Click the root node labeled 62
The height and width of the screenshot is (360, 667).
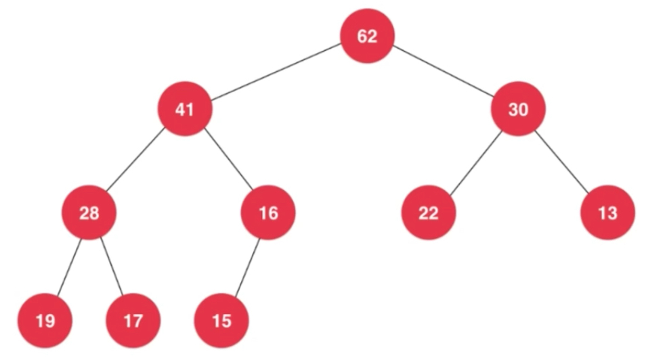click(367, 36)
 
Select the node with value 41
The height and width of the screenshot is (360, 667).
click(185, 109)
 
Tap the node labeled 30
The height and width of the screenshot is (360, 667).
click(518, 109)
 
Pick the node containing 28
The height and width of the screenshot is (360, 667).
click(89, 212)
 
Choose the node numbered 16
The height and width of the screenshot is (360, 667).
click(268, 212)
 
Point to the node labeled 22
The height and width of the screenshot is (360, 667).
click(429, 212)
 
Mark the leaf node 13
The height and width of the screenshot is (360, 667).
click(607, 212)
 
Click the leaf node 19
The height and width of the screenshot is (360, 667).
click(45, 321)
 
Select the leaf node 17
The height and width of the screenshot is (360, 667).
click(133, 321)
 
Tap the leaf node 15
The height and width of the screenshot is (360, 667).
click(221, 321)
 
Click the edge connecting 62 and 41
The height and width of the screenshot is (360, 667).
click(276, 72)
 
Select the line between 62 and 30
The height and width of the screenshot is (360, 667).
click(443, 72)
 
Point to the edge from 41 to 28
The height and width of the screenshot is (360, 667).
click(136, 160)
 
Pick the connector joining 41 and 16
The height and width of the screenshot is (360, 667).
click(228, 160)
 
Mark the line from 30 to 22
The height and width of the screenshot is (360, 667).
click(475, 163)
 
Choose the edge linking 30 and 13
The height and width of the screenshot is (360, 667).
click(562, 162)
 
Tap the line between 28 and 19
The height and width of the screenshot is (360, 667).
click(69, 267)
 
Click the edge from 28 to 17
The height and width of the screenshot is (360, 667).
click(112, 267)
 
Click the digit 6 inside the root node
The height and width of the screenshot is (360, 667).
click(362, 36)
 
